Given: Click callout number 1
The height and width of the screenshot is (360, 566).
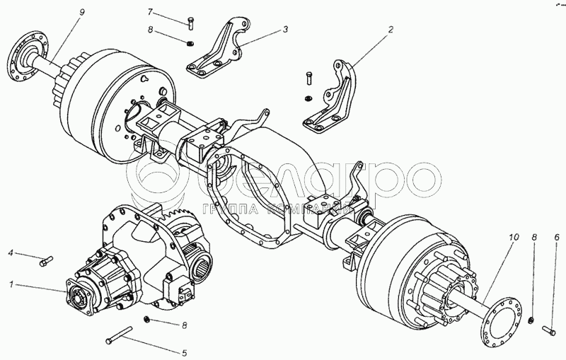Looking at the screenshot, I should (x=10, y=285).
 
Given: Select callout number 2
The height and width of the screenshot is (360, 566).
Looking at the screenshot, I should (x=390, y=30).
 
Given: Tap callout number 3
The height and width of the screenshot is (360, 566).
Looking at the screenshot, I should (x=285, y=30).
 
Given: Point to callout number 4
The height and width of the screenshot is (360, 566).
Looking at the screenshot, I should (x=11, y=252).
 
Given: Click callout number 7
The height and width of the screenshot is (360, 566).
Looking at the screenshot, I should (x=150, y=13).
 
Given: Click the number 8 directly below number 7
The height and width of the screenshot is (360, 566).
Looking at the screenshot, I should (x=150, y=30).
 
